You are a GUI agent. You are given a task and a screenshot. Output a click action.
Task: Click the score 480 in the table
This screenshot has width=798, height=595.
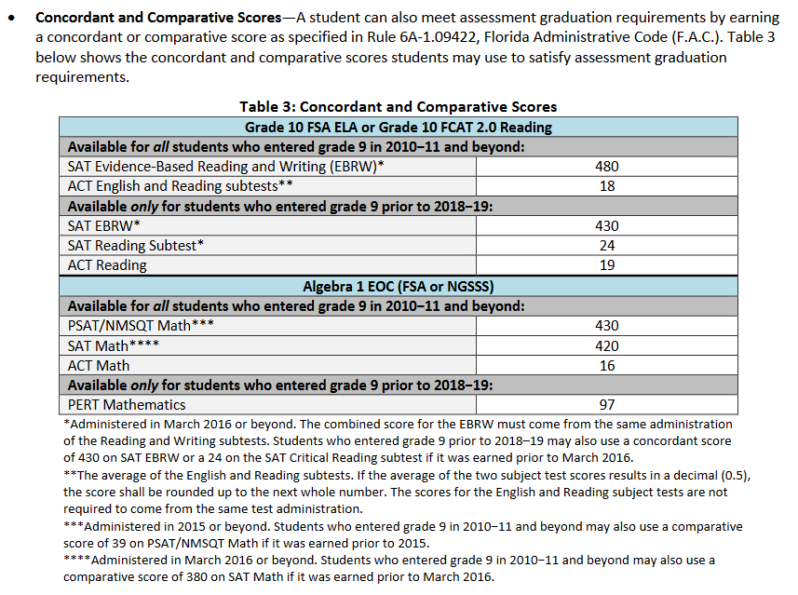coord(606,167)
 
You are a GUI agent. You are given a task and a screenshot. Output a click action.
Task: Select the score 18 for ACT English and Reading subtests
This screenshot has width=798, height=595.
coord(606,186)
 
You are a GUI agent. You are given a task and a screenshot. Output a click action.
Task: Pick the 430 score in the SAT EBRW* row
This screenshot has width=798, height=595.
coord(606,225)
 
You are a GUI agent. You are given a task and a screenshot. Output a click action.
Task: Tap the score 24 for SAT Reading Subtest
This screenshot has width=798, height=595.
coord(606,245)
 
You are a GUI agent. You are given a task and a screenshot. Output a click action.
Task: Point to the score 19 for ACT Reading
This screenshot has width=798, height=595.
coord(606,265)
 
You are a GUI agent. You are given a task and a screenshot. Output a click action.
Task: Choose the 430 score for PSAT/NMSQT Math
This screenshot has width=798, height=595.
coord(606,325)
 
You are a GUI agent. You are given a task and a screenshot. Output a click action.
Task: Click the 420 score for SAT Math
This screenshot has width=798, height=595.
coord(606,346)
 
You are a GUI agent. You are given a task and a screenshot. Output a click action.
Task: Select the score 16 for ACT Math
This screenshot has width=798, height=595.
coord(606,365)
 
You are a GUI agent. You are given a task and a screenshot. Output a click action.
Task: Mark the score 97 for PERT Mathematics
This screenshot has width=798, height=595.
coord(606,405)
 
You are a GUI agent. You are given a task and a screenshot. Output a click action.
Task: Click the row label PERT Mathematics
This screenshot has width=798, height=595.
coord(127,405)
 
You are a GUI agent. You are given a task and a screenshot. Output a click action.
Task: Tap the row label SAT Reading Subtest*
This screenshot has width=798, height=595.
coord(136,245)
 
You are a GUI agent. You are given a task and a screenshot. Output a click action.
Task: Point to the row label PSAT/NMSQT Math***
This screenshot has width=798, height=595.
coord(141,326)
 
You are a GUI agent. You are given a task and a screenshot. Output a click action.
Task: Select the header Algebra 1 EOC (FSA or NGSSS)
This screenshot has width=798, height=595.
coord(398,286)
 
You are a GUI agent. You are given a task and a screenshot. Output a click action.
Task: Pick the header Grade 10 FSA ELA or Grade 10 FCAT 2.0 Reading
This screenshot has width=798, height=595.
coord(398,127)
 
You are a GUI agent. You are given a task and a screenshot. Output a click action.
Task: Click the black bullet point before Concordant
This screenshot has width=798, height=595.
coord(12,18)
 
